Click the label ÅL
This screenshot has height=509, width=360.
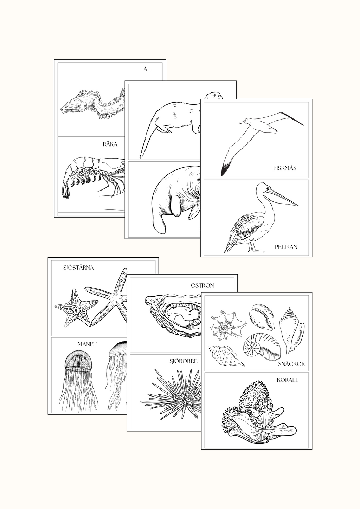(x=147, y=69)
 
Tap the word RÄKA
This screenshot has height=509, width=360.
(x=110, y=144)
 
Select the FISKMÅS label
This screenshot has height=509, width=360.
(x=285, y=168)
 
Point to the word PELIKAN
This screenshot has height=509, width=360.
(x=286, y=247)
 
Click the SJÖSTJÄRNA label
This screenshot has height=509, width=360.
(x=78, y=268)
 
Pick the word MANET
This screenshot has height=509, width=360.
(x=87, y=344)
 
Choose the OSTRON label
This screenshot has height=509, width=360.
(x=202, y=285)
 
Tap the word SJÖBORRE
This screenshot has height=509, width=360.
(x=184, y=361)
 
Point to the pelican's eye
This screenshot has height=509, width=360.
(x=268, y=188)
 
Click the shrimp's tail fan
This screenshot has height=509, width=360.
(x=66, y=191)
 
